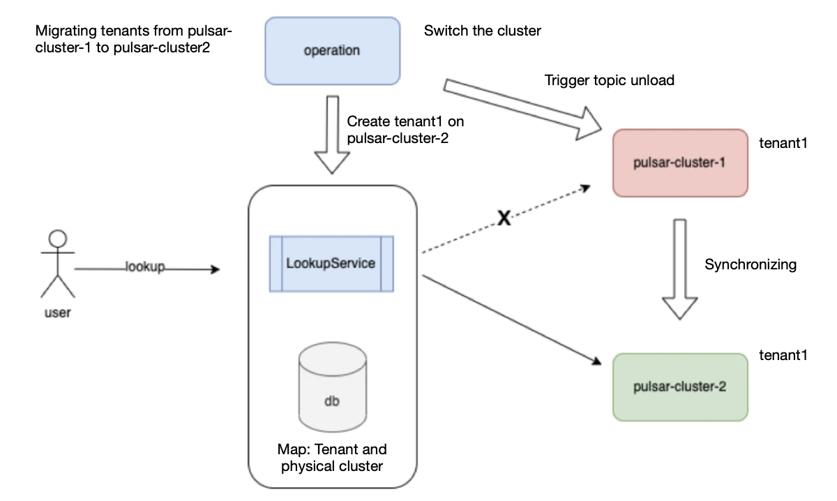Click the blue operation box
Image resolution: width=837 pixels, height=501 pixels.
click(x=332, y=50)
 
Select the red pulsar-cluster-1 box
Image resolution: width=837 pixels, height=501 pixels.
click(x=679, y=163)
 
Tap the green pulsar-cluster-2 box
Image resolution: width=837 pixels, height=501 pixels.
click(x=679, y=387)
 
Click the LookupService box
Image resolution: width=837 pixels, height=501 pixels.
click(x=331, y=264)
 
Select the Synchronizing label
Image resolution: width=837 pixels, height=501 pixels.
click(x=750, y=264)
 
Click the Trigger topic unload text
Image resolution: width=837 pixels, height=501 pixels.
click(x=609, y=80)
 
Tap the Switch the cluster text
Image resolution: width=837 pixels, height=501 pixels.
click(x=482, y=31)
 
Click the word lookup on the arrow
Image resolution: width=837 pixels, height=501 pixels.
click(x=144, y=267)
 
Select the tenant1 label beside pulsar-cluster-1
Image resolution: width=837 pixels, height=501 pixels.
click(x=783, y=144)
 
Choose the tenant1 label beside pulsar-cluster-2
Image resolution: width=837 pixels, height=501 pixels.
click(x=783, y=355)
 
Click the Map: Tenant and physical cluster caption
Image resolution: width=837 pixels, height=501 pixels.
click(x=332, y=458)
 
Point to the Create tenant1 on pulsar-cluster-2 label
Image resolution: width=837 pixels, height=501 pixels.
click(x=405, y=129)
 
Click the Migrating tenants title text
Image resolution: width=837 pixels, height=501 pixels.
click(x=134, y=40)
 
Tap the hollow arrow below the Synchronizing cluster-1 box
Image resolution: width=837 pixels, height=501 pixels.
click(x=679, y=269)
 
